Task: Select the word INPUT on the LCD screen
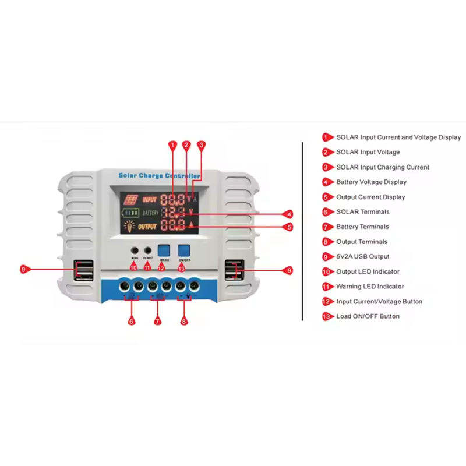150,199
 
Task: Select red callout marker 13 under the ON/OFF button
181,268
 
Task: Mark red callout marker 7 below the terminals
157,320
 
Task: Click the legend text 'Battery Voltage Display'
371,182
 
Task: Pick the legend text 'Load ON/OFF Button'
368,316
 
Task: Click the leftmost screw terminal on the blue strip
125,286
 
